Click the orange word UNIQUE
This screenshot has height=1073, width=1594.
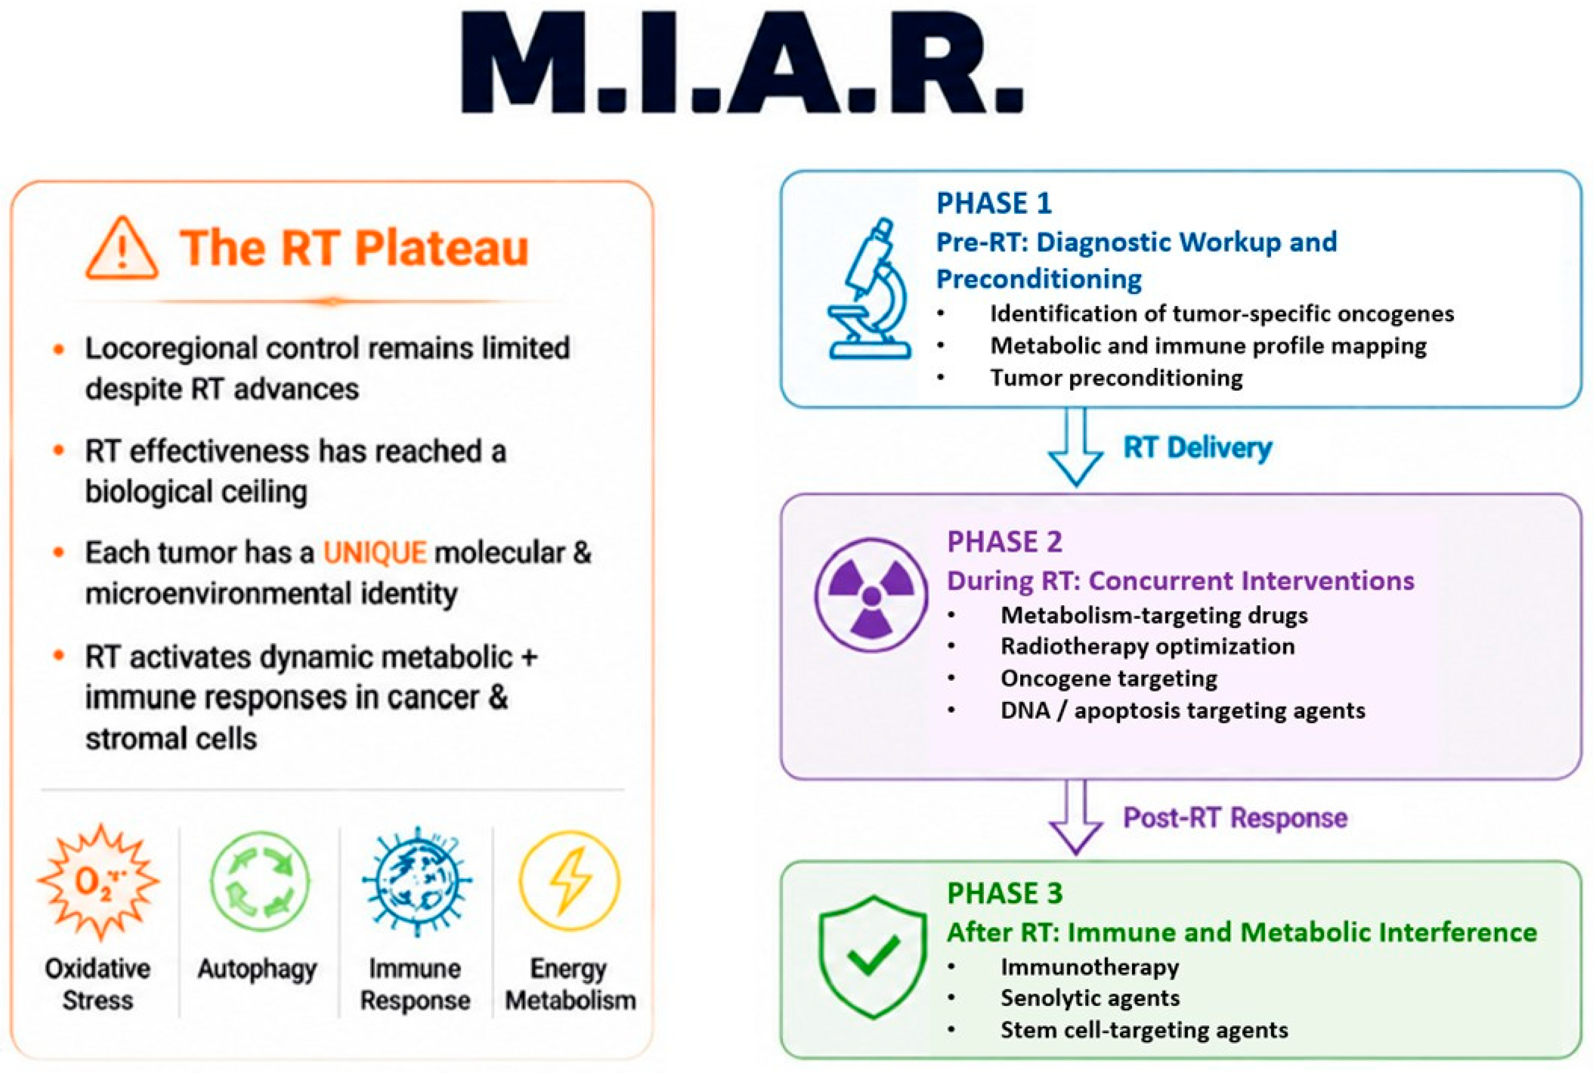click(x=375, y=553)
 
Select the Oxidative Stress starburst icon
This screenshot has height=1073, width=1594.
click(x=99, y=881)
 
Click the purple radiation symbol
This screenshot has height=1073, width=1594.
click(x=871, y=595)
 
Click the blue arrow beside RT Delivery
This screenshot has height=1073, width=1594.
click(x=1075, y=447)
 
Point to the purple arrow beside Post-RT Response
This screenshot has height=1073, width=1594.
click(x=1075, y=817)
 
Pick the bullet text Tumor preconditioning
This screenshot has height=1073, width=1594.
click(x=1116, y=378)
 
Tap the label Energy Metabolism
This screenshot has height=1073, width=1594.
click(x=570, y=985)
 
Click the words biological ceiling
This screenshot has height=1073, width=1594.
click(x=196, y=492)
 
